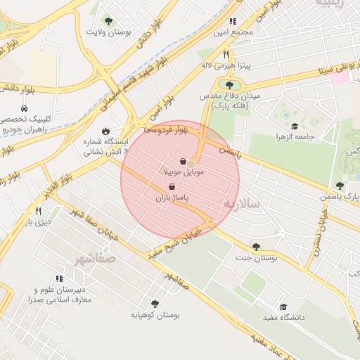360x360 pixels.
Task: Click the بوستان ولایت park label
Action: pyautogui.click(x=110, y=32)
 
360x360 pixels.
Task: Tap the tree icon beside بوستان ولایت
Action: pyautogui.click(x=108, y=21)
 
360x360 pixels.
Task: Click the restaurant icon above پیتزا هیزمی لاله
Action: pyautogui.click(x=226, y=53)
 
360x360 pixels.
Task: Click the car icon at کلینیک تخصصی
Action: pyautogui.click(x=25, y=109)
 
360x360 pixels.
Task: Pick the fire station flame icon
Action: pyautogui.click(x=105, y=131)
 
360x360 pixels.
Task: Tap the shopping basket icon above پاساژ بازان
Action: pyautogui.click(x=172, y=187)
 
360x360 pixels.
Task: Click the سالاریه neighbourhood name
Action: pyautogui.click(x=243, y=204)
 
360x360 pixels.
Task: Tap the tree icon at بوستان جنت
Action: pyautogui.click(x=255, y=247)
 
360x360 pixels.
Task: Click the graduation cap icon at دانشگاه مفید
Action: pyautogui.click(x=283, y=307)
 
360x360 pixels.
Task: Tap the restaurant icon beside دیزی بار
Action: pyautogui.click(x=39, y=211)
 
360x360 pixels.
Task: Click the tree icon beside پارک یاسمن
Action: pyautogui.click(x=340, y=186)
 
